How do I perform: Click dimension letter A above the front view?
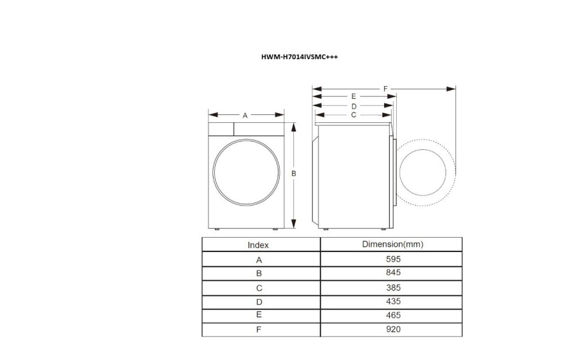(245, 115)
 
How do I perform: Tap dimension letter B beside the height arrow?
(293, 173)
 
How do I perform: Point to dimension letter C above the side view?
(354, 115)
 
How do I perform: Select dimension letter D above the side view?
(354, 106)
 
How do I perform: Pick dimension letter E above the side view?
(354, 96)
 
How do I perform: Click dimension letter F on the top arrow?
(386, 88)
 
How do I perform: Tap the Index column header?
(258, 245)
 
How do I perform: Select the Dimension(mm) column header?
(393, 244)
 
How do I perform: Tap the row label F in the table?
(259, 330)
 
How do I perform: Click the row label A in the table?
(259, 260)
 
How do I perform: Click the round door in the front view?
(246, 173)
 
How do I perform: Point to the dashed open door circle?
(426, 172)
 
